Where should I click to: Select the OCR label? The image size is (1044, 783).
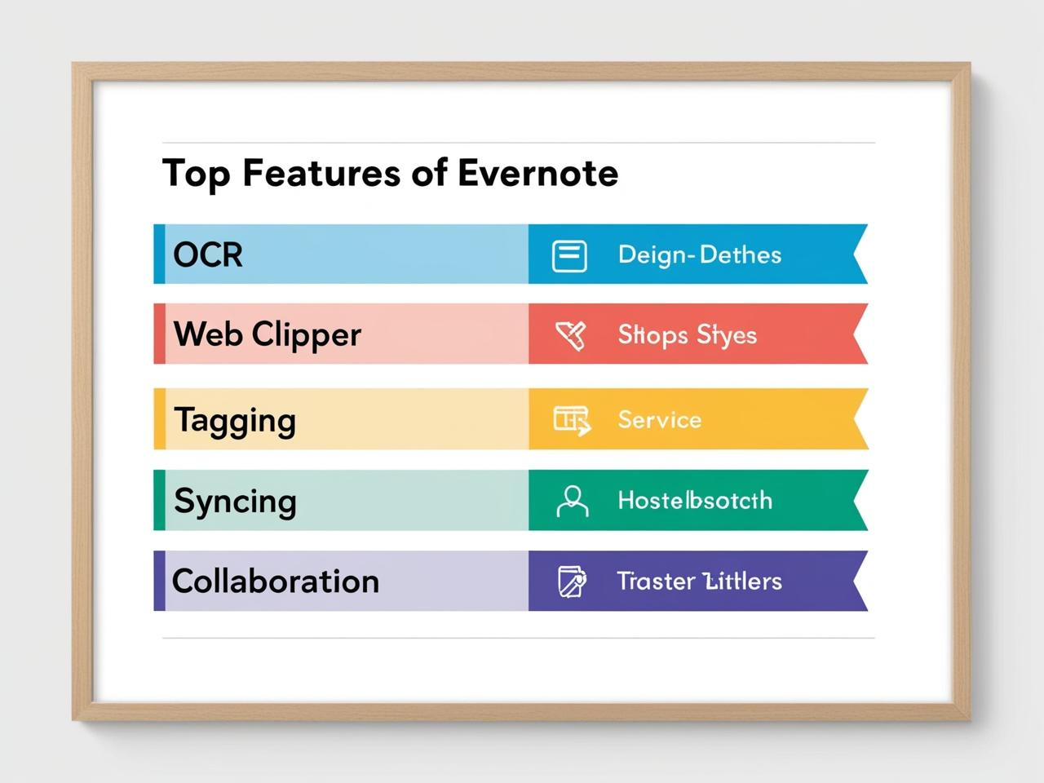point(208,254)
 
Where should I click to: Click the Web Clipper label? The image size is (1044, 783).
point(267,334)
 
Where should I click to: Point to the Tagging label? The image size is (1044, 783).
point(235,421)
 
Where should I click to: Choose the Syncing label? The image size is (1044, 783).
point(235,501)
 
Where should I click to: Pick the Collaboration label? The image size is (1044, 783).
point(276,582)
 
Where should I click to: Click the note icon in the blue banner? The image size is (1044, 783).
point(569,255)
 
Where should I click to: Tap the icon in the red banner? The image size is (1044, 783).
point(570,334)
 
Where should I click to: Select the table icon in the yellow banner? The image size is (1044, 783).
point(571,420)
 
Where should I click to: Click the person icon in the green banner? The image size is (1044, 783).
point(572,501)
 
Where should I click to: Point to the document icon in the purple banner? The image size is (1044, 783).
point(571,582)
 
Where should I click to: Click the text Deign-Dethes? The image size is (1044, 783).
point(699,254)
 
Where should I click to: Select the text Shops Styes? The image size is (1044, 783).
point(687,335)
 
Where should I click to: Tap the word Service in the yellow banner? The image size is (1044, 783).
point(659,420)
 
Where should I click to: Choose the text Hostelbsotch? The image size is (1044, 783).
point(694,500)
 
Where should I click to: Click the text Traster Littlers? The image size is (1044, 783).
point(699,581)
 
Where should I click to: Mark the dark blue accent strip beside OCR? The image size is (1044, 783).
point(159,254)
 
